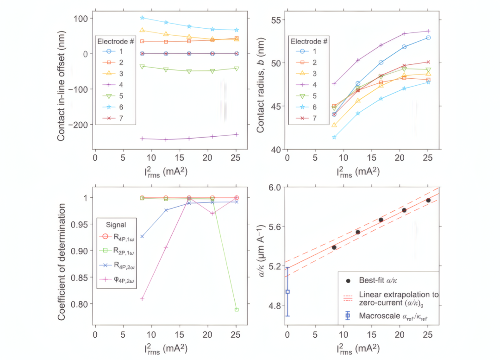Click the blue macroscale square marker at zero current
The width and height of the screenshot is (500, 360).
[287, 292]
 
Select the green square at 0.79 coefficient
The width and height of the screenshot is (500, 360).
[237, 309]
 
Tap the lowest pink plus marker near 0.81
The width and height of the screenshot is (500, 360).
[142, 299]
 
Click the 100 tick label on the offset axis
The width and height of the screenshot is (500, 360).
[81, 19]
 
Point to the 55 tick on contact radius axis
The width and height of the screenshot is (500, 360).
[276, 20]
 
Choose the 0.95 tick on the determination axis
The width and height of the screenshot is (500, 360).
[80, 225]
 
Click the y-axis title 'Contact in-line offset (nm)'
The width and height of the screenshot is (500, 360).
[61, 86]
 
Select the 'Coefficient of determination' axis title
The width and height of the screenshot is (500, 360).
[61, 262]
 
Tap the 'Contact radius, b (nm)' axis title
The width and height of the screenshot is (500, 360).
[261, 85]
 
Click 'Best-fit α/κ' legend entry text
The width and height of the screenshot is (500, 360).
[378, 280]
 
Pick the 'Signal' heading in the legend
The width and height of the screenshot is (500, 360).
[116, 225]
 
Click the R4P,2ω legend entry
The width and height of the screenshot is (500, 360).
[117, 265]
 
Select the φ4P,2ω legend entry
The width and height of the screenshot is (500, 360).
[117, 279]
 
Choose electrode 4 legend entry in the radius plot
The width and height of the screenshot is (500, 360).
[306, 85]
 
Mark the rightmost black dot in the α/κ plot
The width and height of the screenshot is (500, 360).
[428, 201]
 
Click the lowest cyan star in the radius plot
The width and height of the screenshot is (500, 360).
[334, 137]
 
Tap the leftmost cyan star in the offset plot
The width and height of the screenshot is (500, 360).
[142, 18]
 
